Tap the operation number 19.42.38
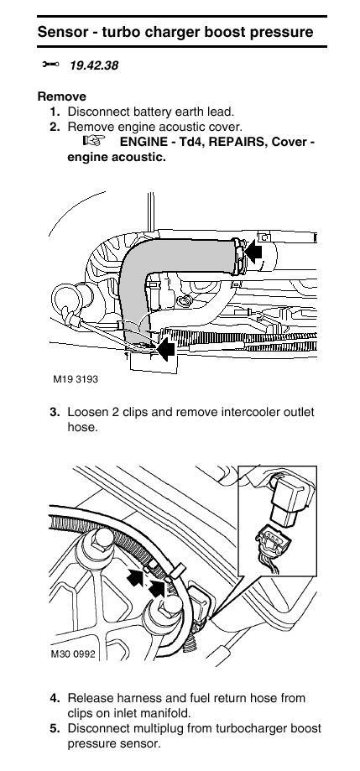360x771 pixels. click(x=94, y=65)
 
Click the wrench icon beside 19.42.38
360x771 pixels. click(x=50, y=65)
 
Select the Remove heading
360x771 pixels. click(x=62, y=96)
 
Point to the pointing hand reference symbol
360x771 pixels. click(x=95, y=141)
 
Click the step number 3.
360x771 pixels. click(x=55, y=412)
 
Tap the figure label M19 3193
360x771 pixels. click(x=76, y=379)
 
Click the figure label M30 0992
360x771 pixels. click(x=72, y=654)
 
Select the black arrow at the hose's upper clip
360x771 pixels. click(x=253, y=253)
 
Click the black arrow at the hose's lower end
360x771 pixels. click(x=165, y=349)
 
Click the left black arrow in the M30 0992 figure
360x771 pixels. click(x=136, y=578)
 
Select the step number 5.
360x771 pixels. click(x=55, y=728)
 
